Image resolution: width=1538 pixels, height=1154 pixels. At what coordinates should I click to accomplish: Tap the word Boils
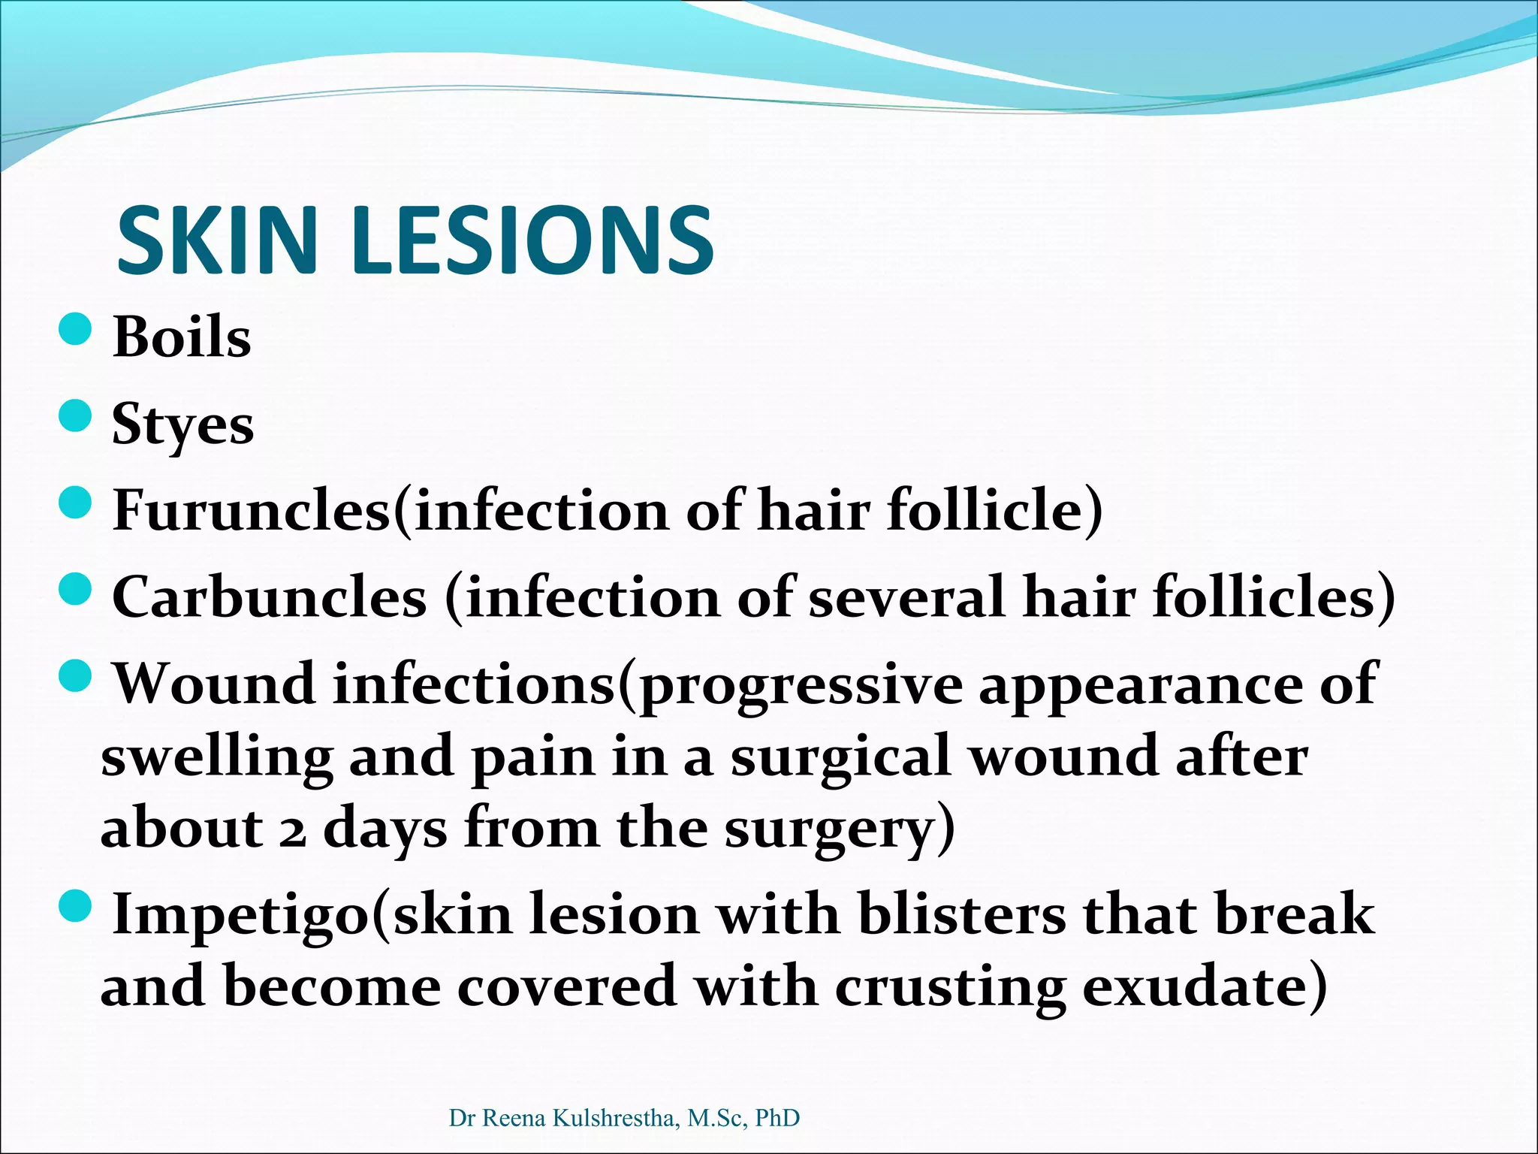click(182, 337)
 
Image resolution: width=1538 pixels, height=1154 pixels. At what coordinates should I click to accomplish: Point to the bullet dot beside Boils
click(75, 329)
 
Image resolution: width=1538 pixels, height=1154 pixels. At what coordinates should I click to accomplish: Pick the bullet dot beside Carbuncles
click(75, 589)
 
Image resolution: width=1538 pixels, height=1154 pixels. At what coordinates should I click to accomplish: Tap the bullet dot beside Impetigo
click(75, 906)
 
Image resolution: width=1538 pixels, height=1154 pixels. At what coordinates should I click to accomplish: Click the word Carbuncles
click(270, 597)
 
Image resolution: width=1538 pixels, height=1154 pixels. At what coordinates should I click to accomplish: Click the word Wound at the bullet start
click(214, 684)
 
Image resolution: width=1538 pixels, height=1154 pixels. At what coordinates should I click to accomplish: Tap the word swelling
click(217, 757)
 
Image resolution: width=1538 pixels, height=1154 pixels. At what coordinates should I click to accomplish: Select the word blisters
click(962, 915)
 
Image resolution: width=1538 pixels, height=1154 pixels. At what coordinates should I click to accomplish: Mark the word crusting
click(950, 987)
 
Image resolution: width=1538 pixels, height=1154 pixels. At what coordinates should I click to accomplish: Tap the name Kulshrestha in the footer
click(617, 1118)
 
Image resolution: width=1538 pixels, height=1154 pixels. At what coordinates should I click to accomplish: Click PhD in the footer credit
click(777, 1118)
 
